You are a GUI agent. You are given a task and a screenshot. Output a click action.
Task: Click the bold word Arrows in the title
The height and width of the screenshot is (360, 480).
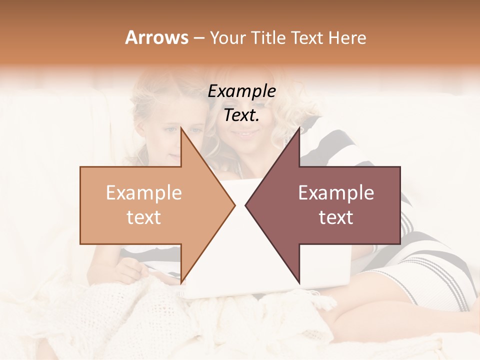(156, 37)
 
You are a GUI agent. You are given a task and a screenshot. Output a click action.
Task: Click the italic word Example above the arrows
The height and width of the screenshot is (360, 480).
(241, 91)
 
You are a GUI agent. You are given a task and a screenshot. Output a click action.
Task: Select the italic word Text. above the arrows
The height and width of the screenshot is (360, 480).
(241, 115)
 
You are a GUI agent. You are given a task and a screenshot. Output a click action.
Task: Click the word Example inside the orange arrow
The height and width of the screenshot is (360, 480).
(144, 192)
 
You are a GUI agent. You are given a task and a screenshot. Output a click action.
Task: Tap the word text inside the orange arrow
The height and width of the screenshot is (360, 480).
(144, 217)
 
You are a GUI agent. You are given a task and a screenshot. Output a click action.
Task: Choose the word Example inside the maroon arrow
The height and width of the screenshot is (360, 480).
(336, 192)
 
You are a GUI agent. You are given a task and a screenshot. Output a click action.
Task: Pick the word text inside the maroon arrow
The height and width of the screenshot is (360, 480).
(336, 217)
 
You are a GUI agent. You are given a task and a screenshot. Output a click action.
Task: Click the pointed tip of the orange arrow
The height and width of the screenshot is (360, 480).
(234, 205)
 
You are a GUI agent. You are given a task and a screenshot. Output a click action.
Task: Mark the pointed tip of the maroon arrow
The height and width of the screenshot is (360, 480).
(245, 205)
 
